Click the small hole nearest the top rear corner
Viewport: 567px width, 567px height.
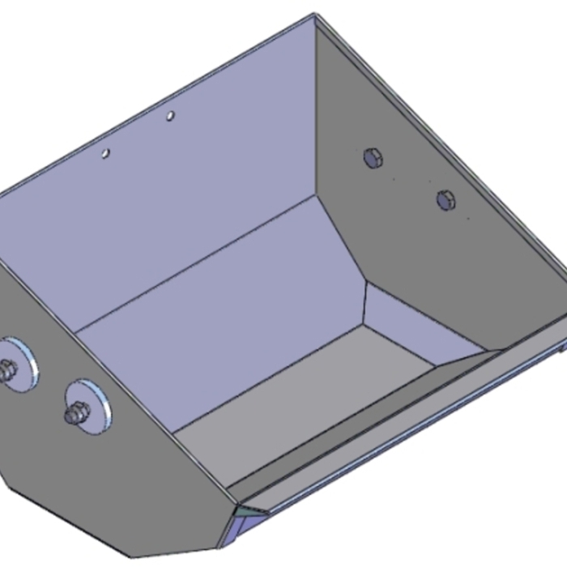point(170,117)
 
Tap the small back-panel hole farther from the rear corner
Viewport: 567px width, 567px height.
point(105,152)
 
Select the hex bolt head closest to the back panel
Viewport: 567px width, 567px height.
point(373,158)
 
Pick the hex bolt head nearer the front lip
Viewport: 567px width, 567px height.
point(446,199)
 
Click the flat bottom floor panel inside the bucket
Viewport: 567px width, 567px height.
point(308,389)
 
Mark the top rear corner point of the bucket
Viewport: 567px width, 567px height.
point(314,14)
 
